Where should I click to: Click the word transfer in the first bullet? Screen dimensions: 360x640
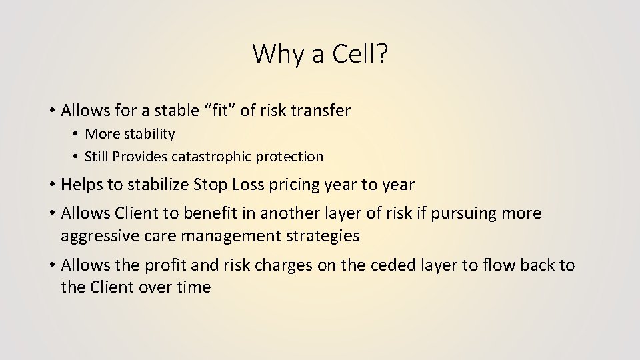coord(321,110)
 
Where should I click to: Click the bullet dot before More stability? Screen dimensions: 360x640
coord(77,135)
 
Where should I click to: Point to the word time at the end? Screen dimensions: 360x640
coord(193,288)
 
